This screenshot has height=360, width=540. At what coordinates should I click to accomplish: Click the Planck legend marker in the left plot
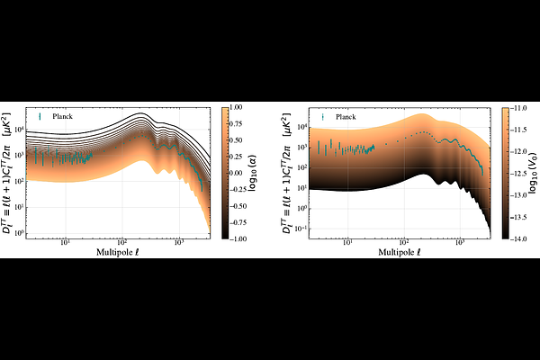pos(41,116)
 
